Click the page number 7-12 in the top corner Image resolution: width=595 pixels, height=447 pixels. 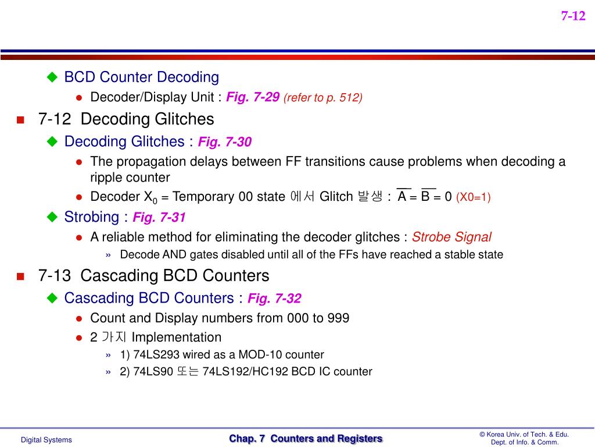coord(573,16)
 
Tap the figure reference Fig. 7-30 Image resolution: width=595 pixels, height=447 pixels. coord(225,142)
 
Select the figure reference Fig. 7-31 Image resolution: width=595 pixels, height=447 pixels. coord(159,218)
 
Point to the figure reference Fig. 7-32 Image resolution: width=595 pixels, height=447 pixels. coord(274,299)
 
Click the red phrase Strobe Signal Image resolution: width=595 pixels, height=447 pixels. coord(451,237)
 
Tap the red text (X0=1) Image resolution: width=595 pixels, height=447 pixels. coord(474,197)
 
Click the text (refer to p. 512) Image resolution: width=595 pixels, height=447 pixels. coord(323,98)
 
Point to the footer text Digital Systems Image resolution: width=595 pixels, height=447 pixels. coord(46,440)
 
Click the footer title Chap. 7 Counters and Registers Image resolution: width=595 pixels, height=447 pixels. coord(306,439)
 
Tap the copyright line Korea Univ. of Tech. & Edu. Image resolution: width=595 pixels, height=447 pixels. coord(524,434)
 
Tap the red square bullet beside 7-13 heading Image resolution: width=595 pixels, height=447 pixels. coord(20,276)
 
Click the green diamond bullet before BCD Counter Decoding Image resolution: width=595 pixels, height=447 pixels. coord(53,77)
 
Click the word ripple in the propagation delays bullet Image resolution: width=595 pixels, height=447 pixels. coord(106,178)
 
